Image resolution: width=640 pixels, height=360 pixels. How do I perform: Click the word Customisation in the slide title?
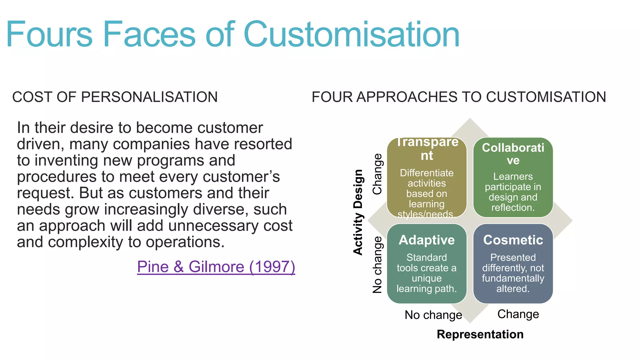point(351,34)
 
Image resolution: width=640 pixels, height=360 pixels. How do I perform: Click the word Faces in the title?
point(149,34)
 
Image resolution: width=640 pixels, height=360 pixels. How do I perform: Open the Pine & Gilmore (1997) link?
point(216,267)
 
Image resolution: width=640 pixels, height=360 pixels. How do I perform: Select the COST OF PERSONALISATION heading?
point(115,97)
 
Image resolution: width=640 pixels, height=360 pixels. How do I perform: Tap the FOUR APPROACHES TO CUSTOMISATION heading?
point(459,97)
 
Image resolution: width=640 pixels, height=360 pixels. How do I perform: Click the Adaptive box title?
point(427,240)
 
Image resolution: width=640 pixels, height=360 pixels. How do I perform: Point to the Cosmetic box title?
point(513,240)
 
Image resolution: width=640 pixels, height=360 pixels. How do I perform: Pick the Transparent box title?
point(427,149)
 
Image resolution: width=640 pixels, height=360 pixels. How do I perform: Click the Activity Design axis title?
point(358,212)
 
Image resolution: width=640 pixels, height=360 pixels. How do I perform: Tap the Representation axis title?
point(480,334)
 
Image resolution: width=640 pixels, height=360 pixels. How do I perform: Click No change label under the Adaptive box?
point(433,315)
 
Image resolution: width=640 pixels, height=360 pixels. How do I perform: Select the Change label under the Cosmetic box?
point(518,314)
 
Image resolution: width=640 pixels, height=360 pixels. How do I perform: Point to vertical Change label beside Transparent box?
point(377,174)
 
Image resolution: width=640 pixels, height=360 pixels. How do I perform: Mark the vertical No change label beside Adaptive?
point(377,265)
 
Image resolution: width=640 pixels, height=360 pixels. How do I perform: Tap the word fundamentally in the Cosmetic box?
point(513,278)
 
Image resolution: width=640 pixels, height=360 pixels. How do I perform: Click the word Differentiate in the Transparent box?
point(427,173)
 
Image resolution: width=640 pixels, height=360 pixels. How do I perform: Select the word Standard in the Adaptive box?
point(427,257)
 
